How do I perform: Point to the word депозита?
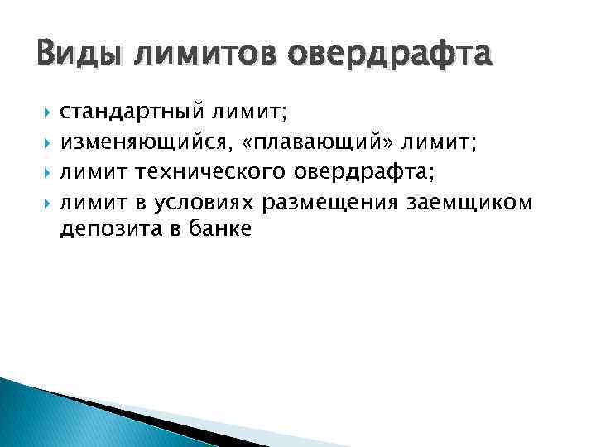click(x=103, y=229)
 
